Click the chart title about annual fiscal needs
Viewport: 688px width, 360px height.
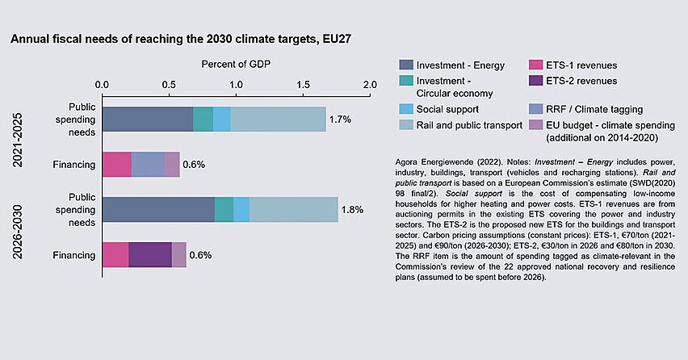[x=181, y=38]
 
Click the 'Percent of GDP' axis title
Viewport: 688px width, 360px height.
[x=235, y=64]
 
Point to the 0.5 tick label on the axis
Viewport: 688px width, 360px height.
[x=169, y=84]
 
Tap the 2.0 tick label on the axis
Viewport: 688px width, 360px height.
[x=370, y=84]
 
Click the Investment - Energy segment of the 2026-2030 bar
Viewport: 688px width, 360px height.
[x=158, y=210]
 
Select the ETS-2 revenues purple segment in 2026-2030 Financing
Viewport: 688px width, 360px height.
[x=149, y=255]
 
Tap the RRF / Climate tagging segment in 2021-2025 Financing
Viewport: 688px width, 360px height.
[x=148, y=165]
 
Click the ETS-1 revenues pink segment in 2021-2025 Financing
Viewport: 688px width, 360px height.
[x=116, y=165]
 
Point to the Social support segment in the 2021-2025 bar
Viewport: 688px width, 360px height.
[x=221, y=119]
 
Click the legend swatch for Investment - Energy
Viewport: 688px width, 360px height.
[x=407, y=64]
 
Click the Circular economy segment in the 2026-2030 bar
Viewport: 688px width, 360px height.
[x=224, y=210]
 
